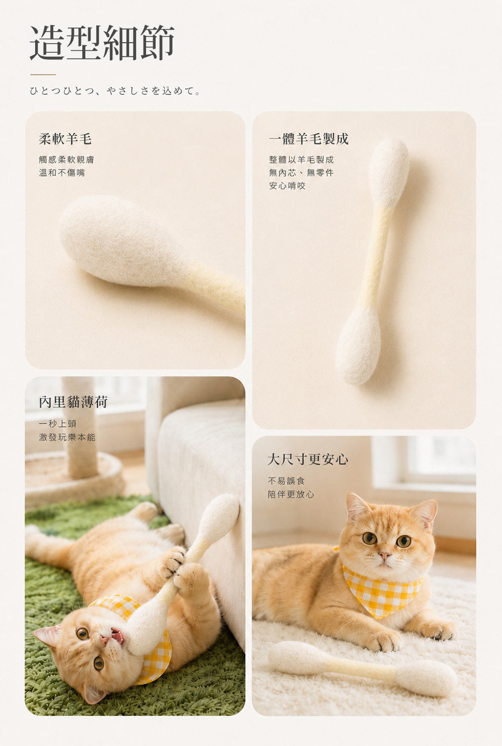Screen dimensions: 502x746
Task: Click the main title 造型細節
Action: pos(102,43)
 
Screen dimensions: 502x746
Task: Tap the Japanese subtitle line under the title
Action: pos(115,90)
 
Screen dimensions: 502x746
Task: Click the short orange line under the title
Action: pos(43,75)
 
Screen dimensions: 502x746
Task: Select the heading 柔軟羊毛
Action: pos(65,139)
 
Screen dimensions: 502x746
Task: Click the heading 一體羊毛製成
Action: pos(309,139)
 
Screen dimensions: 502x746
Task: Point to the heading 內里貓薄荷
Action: pos(73,402)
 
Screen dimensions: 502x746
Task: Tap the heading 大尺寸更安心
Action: pos(308,459)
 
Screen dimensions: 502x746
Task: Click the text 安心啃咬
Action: pos(287,186)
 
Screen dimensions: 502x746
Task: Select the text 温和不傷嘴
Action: pos(62,173)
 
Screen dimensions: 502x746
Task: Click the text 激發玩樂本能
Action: pos(67,437)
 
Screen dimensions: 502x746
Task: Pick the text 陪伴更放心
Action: pos(291,494)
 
